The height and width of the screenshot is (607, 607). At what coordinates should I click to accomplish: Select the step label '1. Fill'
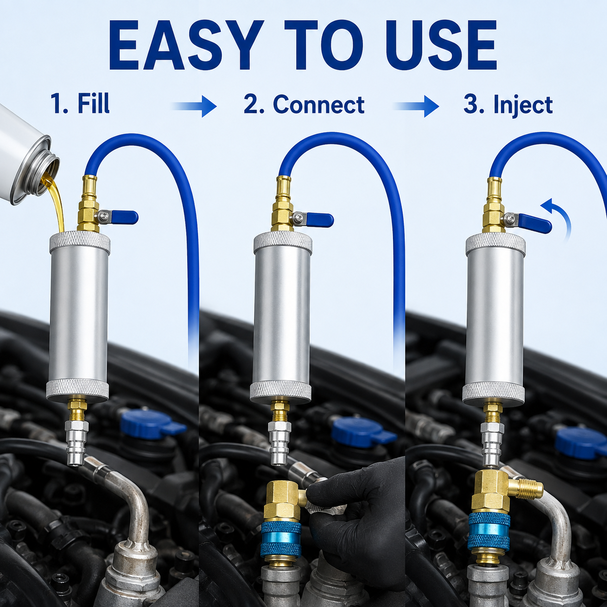pyautogui.click(x=80, y=104)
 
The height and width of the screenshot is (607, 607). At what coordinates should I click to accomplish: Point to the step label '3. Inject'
pyautogui.click(x=508, y=105)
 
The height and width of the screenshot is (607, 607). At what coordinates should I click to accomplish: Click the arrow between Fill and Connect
pyautogui.click(x=195, y=107)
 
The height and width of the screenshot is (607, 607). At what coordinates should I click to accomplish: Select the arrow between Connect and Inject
pyautogui.click(x=417, y=107)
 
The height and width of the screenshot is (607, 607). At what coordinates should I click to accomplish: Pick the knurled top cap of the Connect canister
pyautogui.click(x=283, y=241)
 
